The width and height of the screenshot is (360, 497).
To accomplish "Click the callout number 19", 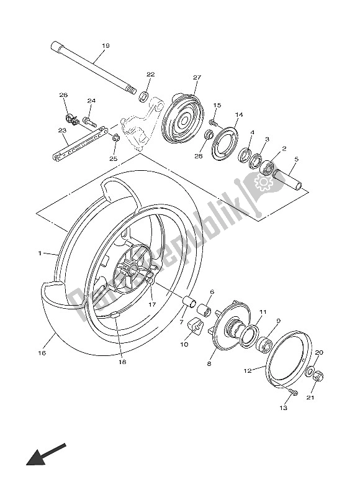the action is point(106,45).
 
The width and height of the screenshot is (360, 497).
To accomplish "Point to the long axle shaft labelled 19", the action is point(93,68).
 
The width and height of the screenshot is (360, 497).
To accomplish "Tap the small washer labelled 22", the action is point(144,96).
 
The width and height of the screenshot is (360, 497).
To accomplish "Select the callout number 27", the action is point(197,77).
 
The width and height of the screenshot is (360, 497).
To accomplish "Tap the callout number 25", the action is point(113,158).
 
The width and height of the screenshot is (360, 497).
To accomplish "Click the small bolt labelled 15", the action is point(213,122).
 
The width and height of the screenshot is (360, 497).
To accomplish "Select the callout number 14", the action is point(239,114).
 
